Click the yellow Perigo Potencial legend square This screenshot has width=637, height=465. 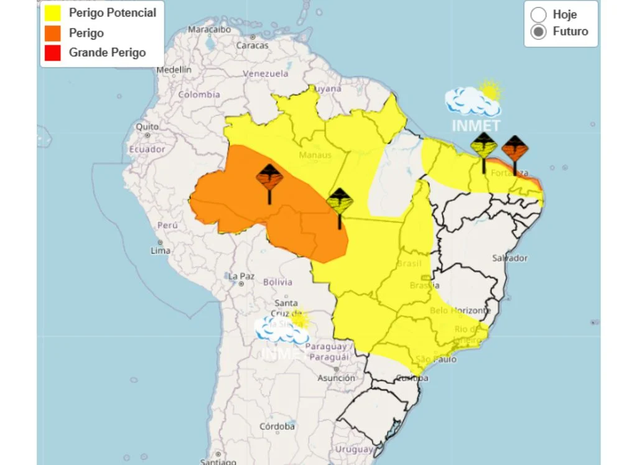tap(53, 12)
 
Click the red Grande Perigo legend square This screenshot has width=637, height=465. tap(53, 53)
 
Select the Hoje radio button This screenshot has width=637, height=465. tap(539, 14)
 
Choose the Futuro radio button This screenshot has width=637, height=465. tap(539, 32)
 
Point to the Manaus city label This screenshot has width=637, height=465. tap(315, 155)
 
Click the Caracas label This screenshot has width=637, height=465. tap(252, 45)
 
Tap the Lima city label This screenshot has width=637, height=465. tap(160, 251)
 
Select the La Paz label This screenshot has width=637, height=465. tap(241, 276)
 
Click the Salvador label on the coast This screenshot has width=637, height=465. tap(509, 258)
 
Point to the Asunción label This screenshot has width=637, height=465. tap(336, 378)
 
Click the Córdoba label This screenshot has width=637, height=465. tap(277, 426)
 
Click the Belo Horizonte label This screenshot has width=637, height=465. tap(460, 310)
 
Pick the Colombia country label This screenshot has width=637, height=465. tap(199, 94)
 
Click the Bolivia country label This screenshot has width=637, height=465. tap(277, 282)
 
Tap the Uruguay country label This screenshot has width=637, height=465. tap(353, 449)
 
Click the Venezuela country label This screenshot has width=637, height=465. tap(266, 73)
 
